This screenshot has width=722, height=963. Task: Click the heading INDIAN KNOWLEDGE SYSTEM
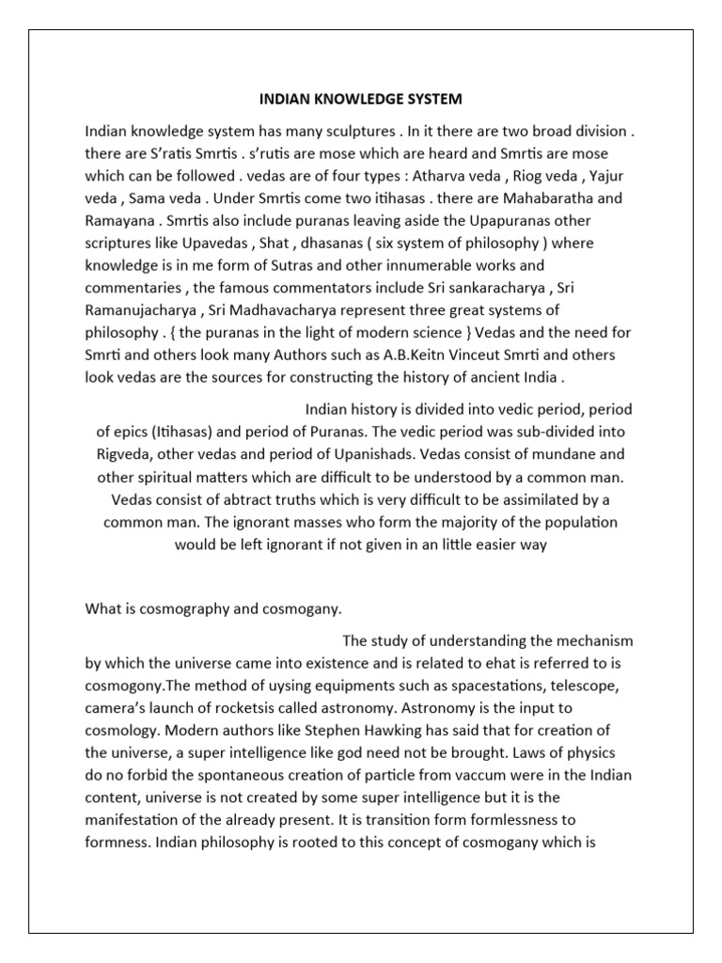(360, 98)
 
